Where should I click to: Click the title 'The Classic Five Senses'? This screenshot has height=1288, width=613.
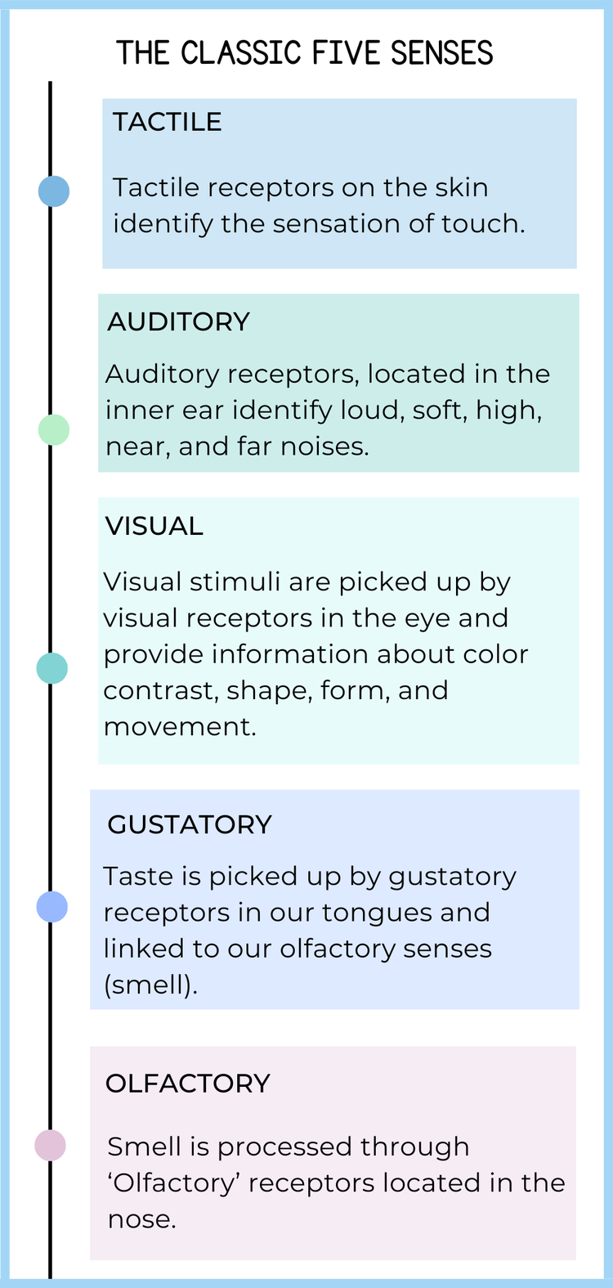(x=305, y=53)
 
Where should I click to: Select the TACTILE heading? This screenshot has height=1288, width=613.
(x=167, y=122)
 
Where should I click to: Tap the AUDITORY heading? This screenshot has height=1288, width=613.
(x=178, y=321)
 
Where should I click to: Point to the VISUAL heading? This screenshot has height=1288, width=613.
(x=154, y=526)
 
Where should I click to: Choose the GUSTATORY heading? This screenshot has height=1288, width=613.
(x=189, y=824)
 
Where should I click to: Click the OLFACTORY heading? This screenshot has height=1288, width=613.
(x=187, y=1084)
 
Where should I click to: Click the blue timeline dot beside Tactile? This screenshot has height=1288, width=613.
(x=54, y=191)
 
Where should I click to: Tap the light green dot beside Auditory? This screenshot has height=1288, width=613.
(x=54, y=429)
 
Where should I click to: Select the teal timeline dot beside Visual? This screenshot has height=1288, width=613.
(x=52, y=668)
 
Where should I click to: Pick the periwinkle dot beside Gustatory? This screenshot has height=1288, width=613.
(x=52, y=906)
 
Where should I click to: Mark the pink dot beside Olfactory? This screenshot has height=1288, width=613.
(x=50, y=1145)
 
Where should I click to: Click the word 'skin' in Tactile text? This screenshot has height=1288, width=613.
(x=462, y=187)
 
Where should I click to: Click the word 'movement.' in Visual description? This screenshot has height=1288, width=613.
(x=180, y=726)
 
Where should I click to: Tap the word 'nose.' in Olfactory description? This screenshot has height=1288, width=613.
(x=141, y=1218)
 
